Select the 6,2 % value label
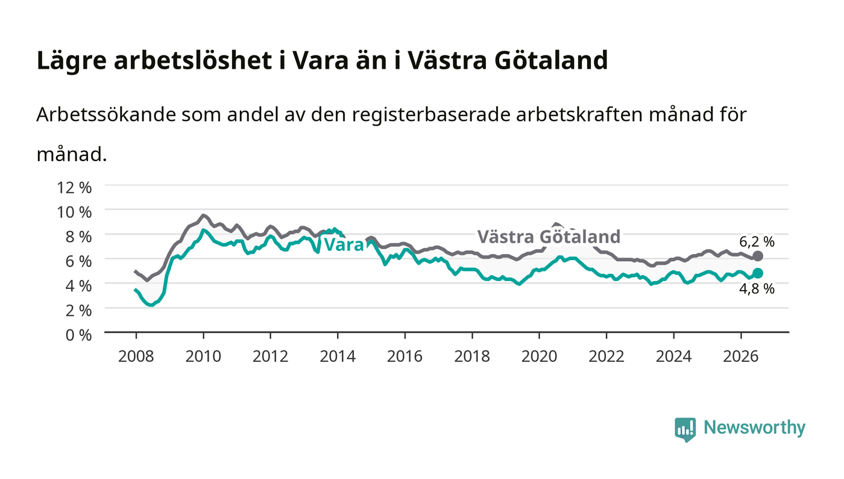pyautogui.click(x=757, y=241)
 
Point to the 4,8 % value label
pyautogui.click(x=757, y=289)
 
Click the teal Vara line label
pyautogui.click(x=344, y=245)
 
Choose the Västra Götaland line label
pyautogui.click(x=549, y=236)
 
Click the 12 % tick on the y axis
pyautogui.click(x=74, y=188)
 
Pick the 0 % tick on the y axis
pyautogui.click(x=78, y=335)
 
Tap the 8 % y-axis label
pyautogui.click(x=78, y=237)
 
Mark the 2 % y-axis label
pyautogui.click(x=78, y=311)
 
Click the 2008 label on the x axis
pyautogui.click(x=136, y=356)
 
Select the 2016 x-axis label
pyautogui.click(x=405, y=356)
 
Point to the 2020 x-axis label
pyautogui.click(x=539, y=356)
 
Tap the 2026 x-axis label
pyautogui.click(x=741, y=356)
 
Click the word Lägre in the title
pyautogui.click(x=72, y=61)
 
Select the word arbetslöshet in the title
pyautogui.click(x=193, y=60)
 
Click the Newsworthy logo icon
pyautogui.click(x=685, y=430)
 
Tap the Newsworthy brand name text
pyautogui.click(x=754, y=428)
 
